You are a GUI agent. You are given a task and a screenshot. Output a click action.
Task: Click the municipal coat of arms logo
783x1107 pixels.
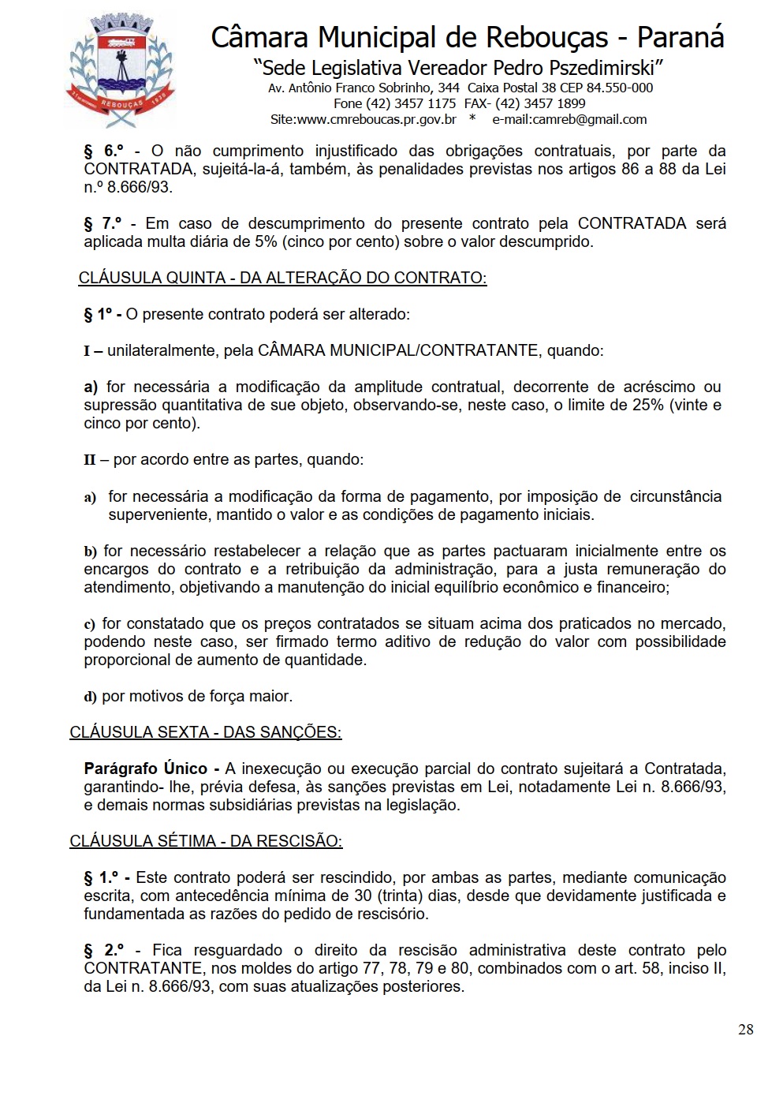tap(120, 69)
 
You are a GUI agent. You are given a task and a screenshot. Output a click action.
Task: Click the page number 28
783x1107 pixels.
tap(745, 1030)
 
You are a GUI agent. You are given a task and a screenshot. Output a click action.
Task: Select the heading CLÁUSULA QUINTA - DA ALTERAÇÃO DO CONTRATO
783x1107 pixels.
tap(282, 278)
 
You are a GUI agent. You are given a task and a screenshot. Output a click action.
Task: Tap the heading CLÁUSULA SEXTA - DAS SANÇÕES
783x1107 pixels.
tap(205, 732)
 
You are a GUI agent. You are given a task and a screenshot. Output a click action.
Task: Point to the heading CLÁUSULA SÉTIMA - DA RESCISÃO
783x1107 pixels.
tap(206, 841)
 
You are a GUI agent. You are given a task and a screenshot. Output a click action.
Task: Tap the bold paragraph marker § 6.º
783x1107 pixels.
tap(104, 151)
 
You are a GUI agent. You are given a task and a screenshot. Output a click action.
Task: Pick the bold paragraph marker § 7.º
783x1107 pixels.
tap(103, 223)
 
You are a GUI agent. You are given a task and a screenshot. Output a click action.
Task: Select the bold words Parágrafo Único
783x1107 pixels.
tap(146, 769)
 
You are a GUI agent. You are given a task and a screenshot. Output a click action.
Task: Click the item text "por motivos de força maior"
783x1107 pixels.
tap(197, 696)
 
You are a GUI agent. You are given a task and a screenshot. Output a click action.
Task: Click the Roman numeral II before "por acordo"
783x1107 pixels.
tap(90, 459)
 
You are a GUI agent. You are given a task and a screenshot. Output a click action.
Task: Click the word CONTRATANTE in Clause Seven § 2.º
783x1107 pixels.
tap(143, 968)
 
